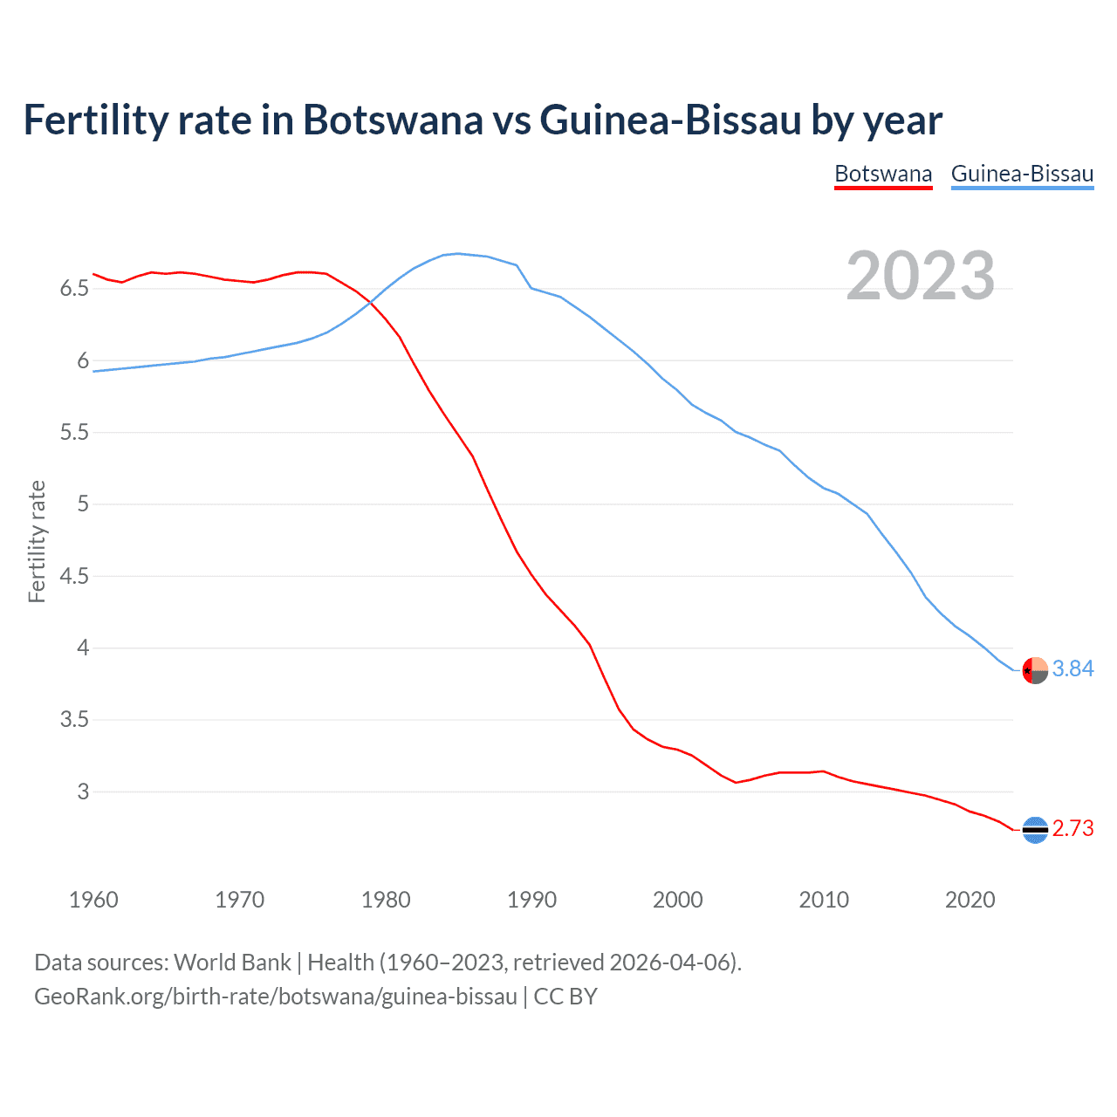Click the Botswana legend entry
point(883,174)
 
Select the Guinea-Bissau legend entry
point(1022,174)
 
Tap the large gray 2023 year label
point(920,276)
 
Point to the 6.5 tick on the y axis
point(74,289)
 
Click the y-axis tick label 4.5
point(74,576)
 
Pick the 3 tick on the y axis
point(83,792)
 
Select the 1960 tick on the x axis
point(93,900)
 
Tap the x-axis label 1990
point(531,900)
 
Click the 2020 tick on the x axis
point(970,900)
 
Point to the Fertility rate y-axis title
point(37,541)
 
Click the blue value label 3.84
point(1072,668)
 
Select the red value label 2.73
point(1072,828)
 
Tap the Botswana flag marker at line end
point(1035,830)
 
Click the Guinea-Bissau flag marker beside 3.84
point(1035,670)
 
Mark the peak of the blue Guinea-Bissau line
point(459,254)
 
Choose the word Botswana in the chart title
point(392,120)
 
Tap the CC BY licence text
point(565,997)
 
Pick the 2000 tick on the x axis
point(677,900)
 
